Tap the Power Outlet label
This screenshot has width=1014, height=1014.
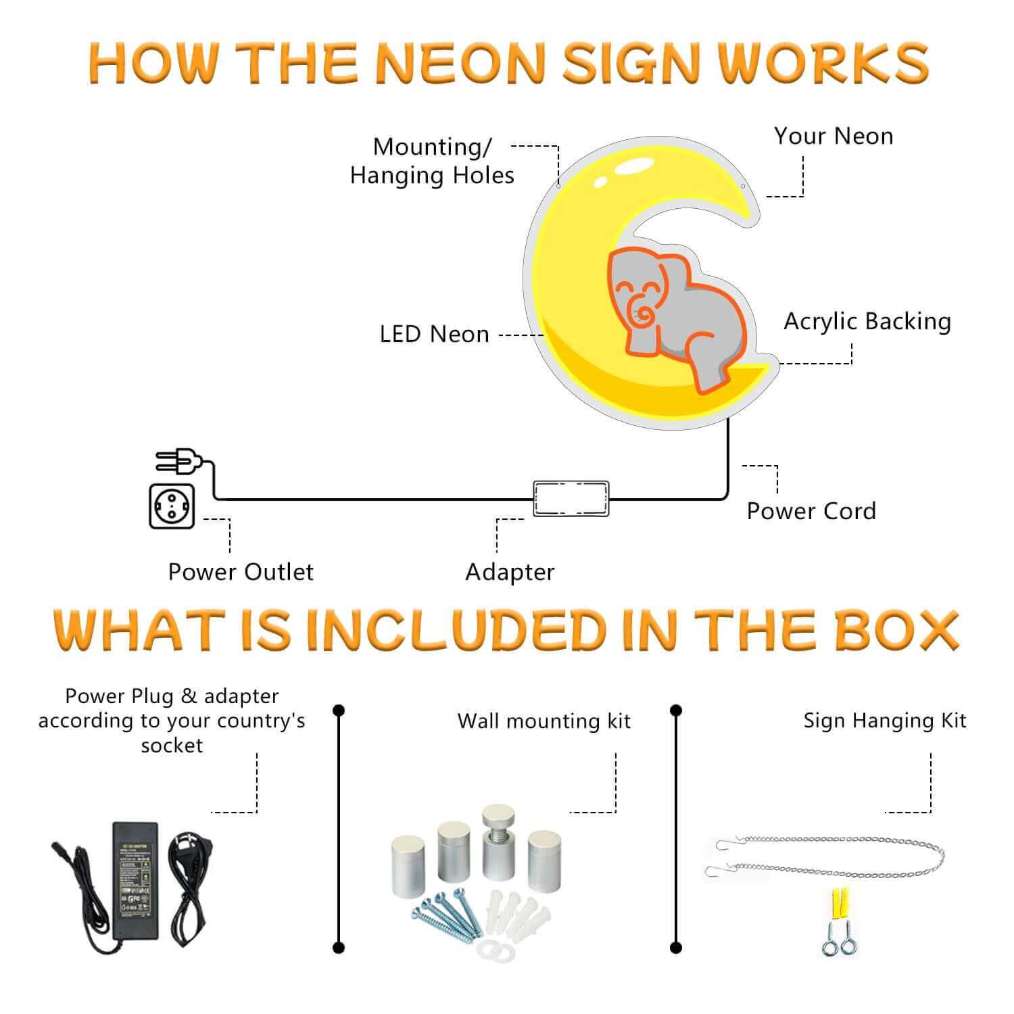click(x=241, y=572)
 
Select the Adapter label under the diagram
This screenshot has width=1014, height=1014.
click(x=510, y=572)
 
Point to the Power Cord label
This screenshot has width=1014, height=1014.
click(x=811, y=511)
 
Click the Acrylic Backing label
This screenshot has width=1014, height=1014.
click(x=867, y=321)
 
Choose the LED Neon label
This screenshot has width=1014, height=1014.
click(x=434, y=334)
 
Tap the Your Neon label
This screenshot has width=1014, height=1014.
click(x=834, y=136)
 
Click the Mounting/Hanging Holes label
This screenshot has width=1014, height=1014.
click(x=432, y=161)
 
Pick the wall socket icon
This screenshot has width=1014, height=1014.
click(x=172, y=506)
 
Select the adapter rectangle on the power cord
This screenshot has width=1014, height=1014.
click(x=571, y=499)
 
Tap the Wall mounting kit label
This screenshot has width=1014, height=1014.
click(x=544, y=721)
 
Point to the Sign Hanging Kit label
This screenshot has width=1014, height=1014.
click(x=885, y=721)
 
